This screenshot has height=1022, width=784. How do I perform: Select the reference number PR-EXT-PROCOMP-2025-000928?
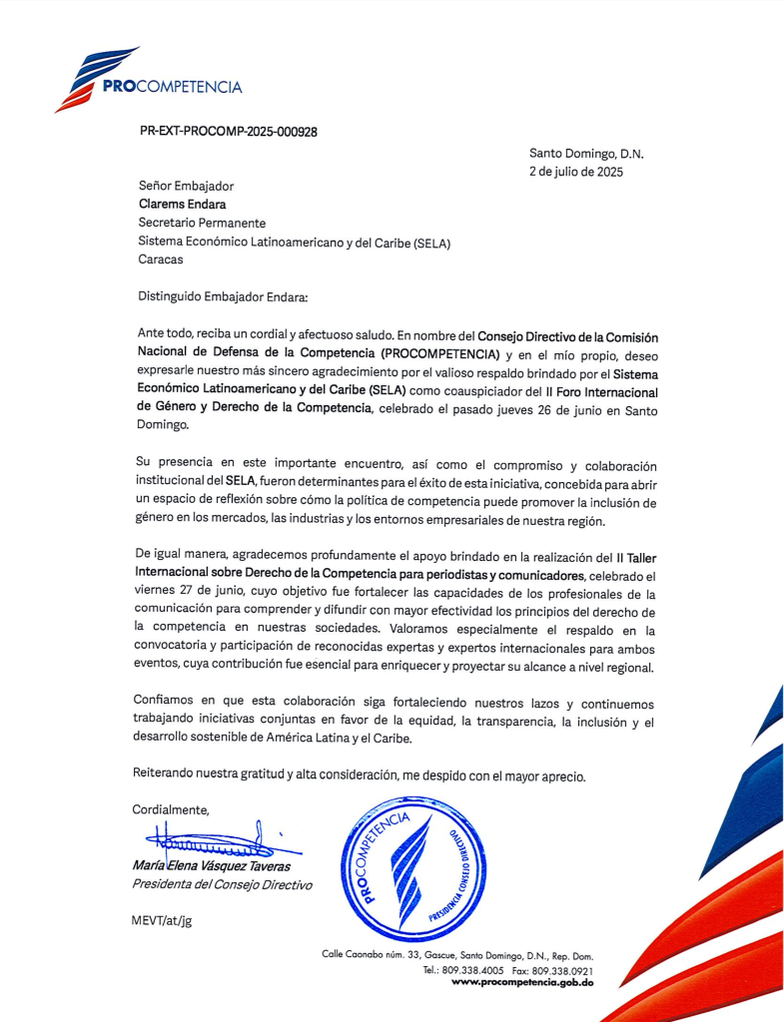[x=228, y=131]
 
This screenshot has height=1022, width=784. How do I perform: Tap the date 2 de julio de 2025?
[x=575, y=172]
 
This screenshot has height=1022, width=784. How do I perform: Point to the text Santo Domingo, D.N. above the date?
[x=586, y=154]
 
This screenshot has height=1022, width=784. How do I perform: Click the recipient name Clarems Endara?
[x=182, y=205]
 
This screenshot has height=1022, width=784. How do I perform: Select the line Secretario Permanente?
[x=202, y=223]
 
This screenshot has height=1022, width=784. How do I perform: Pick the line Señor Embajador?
[x=187, y=187]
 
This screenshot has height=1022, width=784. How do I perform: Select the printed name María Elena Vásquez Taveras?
[x=212, y=866]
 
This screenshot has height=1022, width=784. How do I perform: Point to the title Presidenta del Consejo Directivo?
[x=222, y=884]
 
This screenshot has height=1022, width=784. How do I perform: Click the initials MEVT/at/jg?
[x=162, y=920]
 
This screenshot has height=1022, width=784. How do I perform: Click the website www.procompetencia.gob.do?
[x=522, y=982]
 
